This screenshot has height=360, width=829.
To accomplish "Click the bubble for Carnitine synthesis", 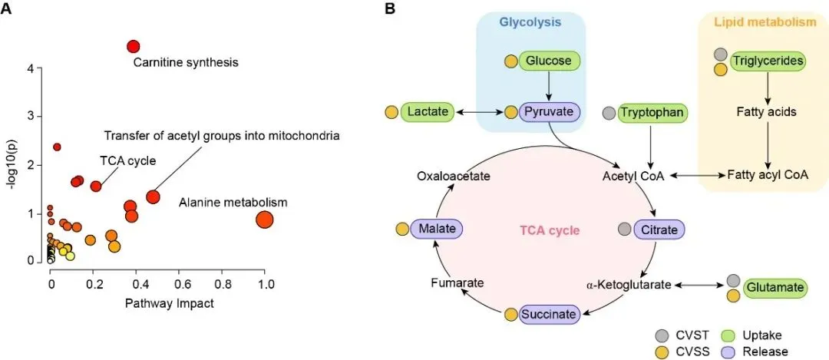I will (133, 47).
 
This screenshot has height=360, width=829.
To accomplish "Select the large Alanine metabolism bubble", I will (264, 220).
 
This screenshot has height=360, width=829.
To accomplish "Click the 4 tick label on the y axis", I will (30, 68).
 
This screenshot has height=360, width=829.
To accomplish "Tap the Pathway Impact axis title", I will (159, 303).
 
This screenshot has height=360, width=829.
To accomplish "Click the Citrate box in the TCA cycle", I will (659, 229).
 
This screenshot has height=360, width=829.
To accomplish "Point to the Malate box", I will (435, 229).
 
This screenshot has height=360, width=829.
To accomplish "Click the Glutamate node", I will (776, 288).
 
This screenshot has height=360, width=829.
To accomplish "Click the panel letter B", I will (390, 9).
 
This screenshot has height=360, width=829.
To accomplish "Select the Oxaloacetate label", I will (453, 176).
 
